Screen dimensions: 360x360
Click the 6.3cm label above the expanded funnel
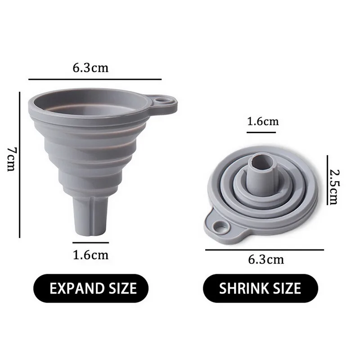pos(91,68)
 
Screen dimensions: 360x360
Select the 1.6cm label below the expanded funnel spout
pos(90,255)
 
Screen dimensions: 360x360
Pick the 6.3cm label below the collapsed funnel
pos(266,260)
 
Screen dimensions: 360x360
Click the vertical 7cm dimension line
pos(20,164)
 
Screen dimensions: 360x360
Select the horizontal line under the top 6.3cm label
pos(94,79)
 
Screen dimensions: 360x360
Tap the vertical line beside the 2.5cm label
pos(327,180)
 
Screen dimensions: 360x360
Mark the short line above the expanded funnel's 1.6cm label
pos(91,243)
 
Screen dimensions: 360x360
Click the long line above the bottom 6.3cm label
pos(265,249)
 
